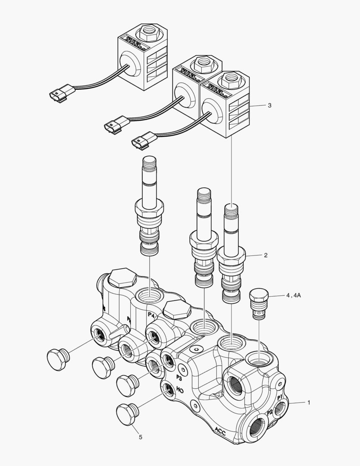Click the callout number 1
point(309,402)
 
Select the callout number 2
point(266,255)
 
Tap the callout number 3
point(269,105)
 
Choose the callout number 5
point(140,437)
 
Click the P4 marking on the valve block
point(151,315)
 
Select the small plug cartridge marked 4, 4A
point(259,305)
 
